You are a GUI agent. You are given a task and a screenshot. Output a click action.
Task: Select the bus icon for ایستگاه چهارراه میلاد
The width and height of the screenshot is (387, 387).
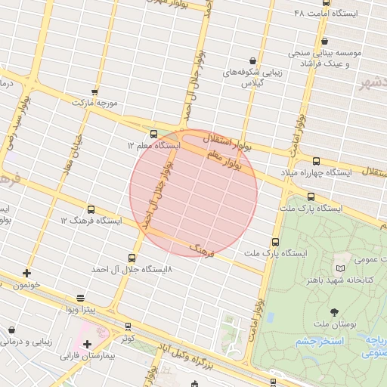tap(316, 161)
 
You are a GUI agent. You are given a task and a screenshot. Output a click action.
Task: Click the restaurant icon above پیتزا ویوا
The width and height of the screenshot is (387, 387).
tap(81, 298)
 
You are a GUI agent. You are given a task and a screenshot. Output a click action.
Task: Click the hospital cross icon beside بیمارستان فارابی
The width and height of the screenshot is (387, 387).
tap(88, 344)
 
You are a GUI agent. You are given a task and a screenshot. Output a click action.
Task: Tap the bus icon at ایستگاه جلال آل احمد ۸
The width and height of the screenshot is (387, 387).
tap(133, 257)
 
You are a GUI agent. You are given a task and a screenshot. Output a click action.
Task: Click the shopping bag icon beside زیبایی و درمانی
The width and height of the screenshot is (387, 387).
tap(13, 330)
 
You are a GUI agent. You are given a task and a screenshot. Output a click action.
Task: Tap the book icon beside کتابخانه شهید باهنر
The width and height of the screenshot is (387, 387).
tap(340, 268)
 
